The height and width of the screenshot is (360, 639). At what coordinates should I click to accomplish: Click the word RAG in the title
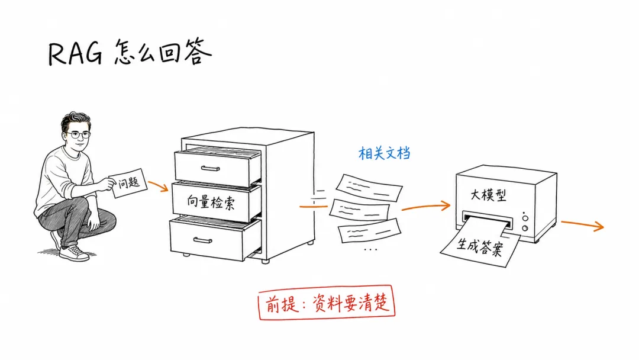[x=75, y=53]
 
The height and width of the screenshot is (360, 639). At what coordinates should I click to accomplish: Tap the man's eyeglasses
[x=78, y=134]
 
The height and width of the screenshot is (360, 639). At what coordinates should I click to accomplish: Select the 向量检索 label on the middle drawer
[x=211, y=202]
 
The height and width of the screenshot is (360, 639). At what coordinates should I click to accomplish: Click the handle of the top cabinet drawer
[x=211, y=168]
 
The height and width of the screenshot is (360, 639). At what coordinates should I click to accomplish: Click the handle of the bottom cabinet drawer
[x=202, y=240]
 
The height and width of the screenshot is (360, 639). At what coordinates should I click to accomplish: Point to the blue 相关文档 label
[x=385, y=153]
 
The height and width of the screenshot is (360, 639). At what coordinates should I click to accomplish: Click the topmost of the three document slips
[x=369, y=188]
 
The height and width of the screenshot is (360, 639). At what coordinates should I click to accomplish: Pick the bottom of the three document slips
[x=369, y=231]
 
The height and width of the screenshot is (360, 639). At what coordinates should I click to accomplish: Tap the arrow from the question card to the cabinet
[x=158, y=186]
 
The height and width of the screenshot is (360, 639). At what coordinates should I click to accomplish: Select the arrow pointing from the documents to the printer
[x=426, y=207]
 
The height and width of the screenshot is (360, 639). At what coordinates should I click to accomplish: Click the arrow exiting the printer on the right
[x=582, y=224]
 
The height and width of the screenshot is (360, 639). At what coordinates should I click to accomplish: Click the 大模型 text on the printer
[x=488, y=195]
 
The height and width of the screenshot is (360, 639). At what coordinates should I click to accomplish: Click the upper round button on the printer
[x=525, y=218]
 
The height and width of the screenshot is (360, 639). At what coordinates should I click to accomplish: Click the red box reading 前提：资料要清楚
[x=327, y=302]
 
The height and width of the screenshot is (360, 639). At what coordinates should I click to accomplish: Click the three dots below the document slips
[x=370, y=249]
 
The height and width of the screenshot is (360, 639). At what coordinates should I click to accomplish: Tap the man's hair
[x=76, y=120]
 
